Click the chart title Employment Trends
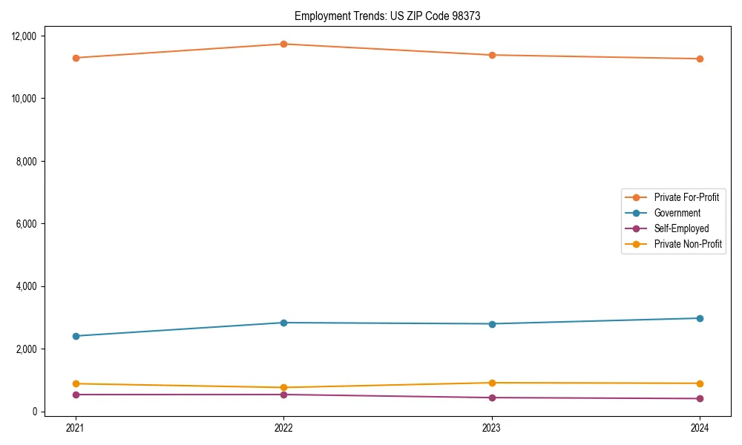point(387,16)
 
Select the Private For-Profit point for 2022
point(283,44)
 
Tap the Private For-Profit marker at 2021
point(76,58)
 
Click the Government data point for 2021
point(76,336)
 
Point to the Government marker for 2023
point(492,323)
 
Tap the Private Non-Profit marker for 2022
point(283,387)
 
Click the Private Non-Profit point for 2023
point(492,383)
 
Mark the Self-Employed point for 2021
point(76,395)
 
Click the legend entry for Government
point(677,213)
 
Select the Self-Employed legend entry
point(681,228)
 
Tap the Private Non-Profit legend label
point(688,244)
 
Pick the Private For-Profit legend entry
point(686,197)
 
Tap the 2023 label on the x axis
point(492,427)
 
